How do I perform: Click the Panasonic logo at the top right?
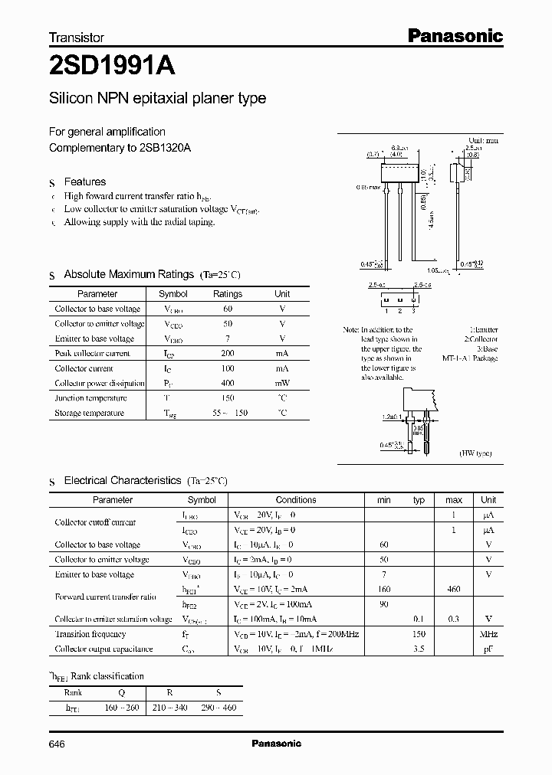pos(454,35)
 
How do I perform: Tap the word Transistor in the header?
pos(76,37)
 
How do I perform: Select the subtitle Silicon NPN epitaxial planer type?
pos(157,99)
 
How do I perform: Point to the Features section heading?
pos(84,181)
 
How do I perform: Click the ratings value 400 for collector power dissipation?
pos(227,383)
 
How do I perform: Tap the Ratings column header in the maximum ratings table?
pos(227,294)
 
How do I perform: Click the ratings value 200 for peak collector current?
pos(227,353)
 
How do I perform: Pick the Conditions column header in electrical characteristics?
pos(296,499)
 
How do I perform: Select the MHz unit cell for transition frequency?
pos(488,634)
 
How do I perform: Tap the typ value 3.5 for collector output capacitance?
pos(419,649)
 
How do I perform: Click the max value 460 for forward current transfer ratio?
pos(454,590)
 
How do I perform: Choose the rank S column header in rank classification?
pos(218,692)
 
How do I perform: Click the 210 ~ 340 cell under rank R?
pos(169,707)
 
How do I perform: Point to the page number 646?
pos(58,744)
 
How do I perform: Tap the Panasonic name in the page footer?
pos(277,744)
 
